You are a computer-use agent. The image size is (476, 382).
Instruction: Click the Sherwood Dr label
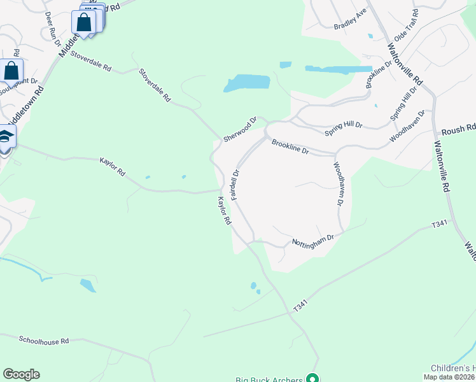(239, 129)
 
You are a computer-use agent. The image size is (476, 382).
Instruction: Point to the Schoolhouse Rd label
(43, 341)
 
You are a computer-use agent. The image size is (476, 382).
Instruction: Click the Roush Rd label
(464, 129)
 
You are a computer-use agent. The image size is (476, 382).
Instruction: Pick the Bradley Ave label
(351, 24)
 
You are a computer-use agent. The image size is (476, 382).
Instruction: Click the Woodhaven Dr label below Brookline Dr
(338, 183)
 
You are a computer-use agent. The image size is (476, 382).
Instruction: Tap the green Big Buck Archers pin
(312, 378)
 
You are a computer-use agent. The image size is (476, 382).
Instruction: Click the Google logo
(21, 374)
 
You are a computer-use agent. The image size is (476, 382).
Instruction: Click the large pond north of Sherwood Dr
(248, 83)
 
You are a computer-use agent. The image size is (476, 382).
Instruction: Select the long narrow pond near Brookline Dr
(338, 69)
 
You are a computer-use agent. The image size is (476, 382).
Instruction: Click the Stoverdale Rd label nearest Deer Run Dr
(91, 62)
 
